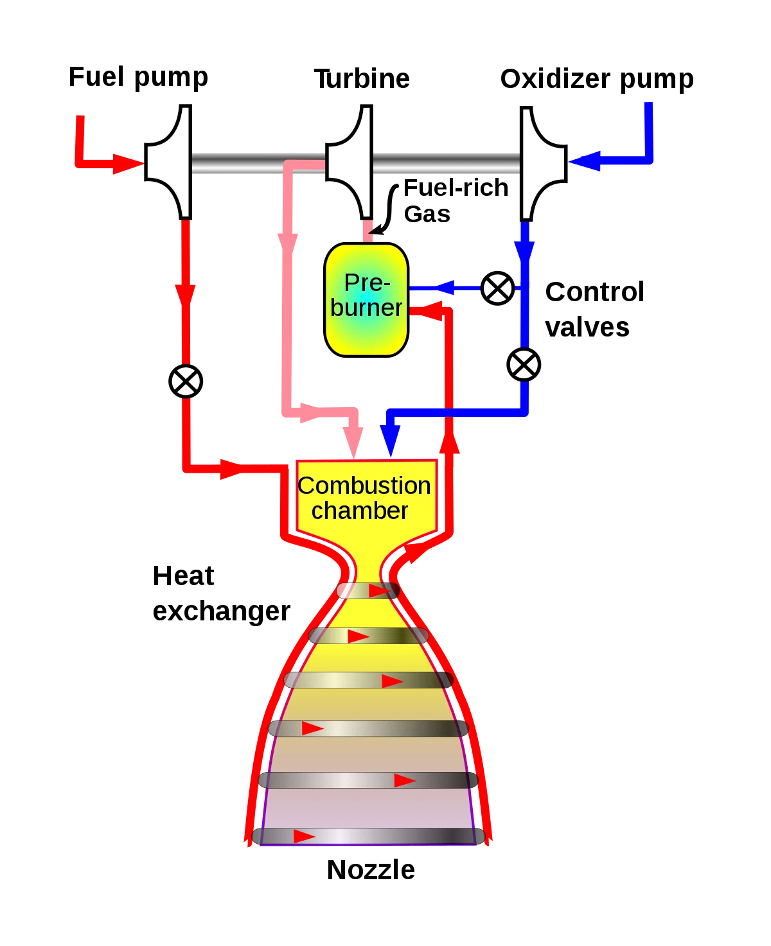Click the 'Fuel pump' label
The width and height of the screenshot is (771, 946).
coord(138,77)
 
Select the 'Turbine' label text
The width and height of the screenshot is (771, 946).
coord(362,79)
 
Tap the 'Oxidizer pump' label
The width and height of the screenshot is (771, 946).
coord(597,80)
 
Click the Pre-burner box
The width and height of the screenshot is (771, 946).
coord(366,300)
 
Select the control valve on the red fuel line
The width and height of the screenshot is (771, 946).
coord(186,381)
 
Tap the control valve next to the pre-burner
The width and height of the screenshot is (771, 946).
coord(498,288)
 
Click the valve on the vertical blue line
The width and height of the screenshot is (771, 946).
coord(524,365)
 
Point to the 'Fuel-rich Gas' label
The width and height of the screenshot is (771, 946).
coord(456,201)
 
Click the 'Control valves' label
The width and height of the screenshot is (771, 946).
coord(594,310)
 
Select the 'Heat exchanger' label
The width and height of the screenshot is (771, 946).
coord(221,593)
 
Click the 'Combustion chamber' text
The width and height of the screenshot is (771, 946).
coord(364,498)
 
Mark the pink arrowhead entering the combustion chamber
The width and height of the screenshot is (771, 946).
coord(354,442)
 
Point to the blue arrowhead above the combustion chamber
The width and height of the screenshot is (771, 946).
coord(390,441)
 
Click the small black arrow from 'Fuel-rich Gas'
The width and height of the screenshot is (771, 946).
coord(385,209)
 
